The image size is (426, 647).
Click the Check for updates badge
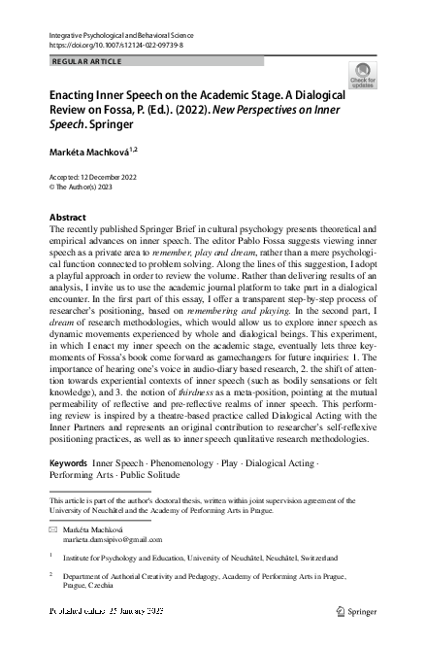pyautogui.click(x=364, y=75)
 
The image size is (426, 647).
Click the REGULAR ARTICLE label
pyautogui.click(x=87, y=62)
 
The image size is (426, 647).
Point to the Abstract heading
pyautogui.click(x=68, y=216)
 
